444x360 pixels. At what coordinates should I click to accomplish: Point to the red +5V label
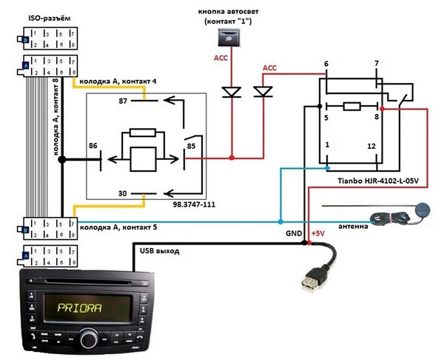click(x=320, y=233)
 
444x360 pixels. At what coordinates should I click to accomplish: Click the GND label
click(x=293, y=233)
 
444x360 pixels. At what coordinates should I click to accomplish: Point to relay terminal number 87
click(x=123, y=102)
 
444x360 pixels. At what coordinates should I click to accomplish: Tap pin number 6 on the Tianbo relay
click(x=326, y=64)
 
